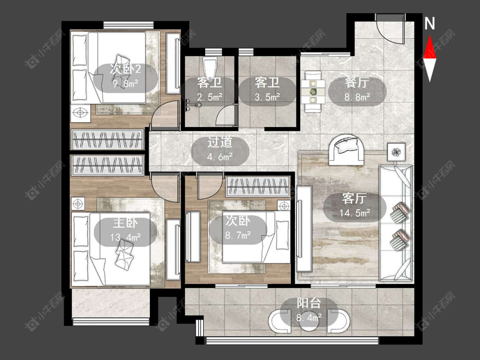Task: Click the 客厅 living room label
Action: [354, 199]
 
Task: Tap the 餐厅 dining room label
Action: [357, 83]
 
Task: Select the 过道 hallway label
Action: [220, 142]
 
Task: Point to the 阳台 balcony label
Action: [309, 303]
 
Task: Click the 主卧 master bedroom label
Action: [125, 223]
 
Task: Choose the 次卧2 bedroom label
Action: [125, 69]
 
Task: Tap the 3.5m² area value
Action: [267, 97]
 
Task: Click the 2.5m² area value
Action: [209, 97]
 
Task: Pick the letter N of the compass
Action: [430, 23]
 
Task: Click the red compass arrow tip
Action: [430, 35]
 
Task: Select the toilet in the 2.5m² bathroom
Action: [210, 67]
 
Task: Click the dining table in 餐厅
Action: [313, 92]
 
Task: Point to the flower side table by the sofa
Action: [397, 151]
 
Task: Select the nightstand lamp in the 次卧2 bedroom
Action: [80, 113]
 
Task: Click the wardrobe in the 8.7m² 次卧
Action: [258, 187]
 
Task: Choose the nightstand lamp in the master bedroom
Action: [78, 204]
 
